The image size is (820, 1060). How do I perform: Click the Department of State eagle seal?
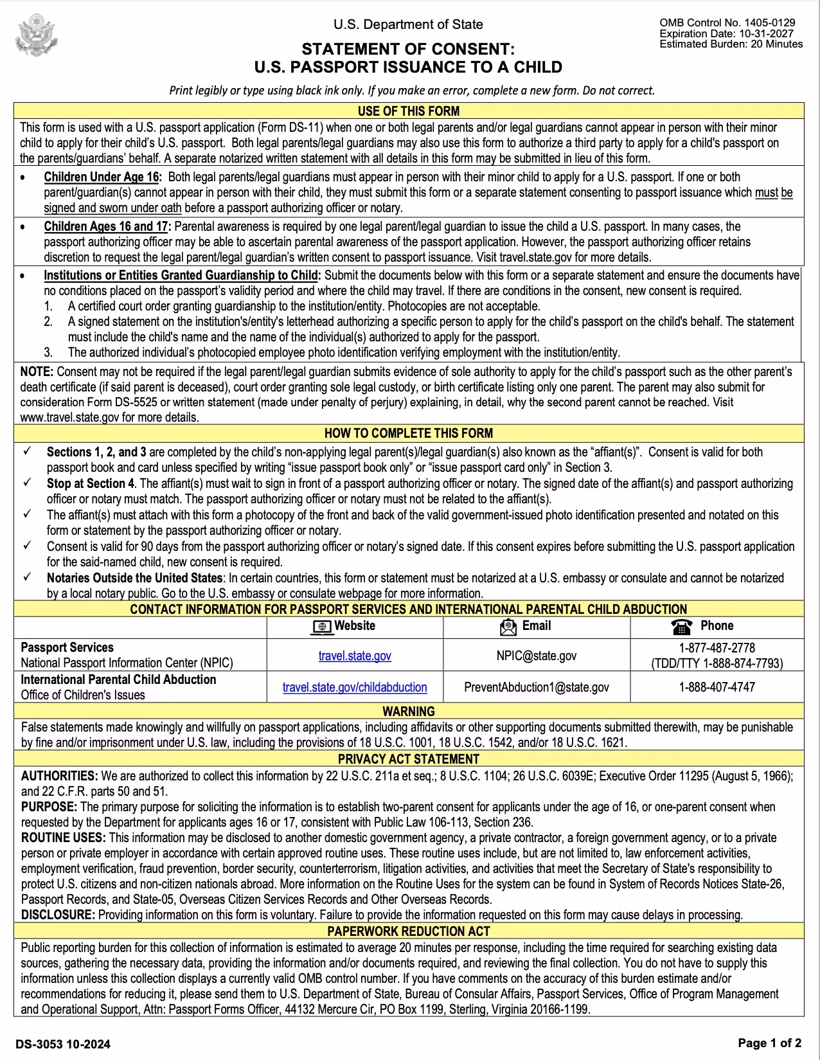36,35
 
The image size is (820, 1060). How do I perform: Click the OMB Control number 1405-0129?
727,22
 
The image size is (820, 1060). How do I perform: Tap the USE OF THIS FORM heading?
409,111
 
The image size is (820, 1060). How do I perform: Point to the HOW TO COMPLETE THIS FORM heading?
409,433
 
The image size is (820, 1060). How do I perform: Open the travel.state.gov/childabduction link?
355,687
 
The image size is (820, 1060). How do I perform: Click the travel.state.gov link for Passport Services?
355,656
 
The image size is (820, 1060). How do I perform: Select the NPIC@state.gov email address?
537,656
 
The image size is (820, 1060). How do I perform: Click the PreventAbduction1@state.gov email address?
537,687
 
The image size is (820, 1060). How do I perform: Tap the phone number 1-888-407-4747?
717,687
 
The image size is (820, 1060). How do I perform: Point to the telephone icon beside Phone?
681,627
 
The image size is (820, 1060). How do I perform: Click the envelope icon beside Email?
508,627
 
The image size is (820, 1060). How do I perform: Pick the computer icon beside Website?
322,627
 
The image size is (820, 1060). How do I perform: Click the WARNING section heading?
409,711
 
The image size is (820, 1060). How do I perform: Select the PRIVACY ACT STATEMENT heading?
409,759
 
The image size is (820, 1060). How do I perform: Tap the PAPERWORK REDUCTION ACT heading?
409,931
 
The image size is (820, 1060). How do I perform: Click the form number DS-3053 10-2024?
63,1044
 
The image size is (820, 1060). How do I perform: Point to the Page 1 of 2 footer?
769,1043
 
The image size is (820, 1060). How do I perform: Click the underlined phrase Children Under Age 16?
102,177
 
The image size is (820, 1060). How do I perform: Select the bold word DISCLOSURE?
58,915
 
